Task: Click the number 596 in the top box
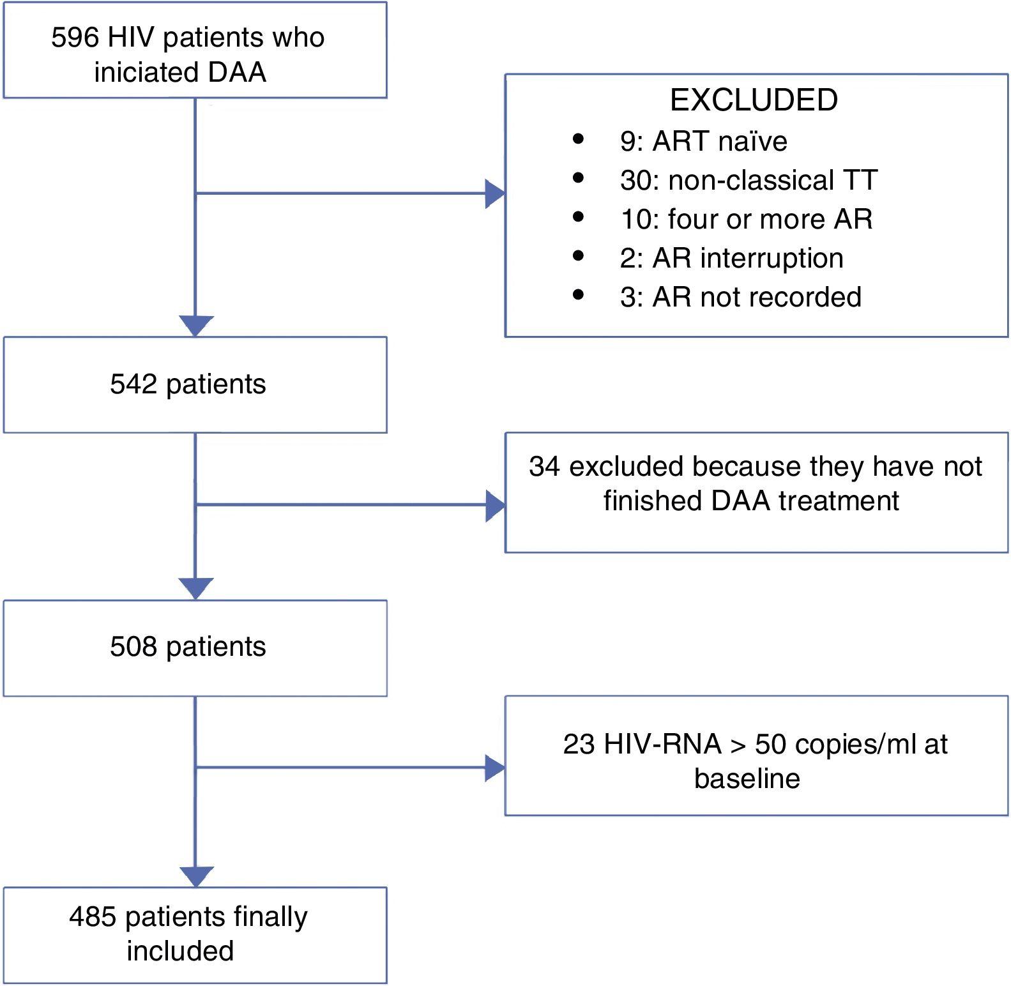point(75,38)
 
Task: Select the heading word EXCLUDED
point(754,100)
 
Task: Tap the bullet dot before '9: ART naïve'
point(579,139)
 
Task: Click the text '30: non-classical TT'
point(749,180)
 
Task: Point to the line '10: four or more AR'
point(746,219)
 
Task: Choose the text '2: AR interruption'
point(731,258)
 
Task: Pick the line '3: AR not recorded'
point(740,297)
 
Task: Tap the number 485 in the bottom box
point(93,917)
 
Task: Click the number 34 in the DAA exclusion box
point(544,467)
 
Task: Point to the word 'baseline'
point(747,778)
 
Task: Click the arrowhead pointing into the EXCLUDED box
point(494,193)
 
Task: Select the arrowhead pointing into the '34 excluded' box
point(494,506)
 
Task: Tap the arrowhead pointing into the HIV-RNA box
point(494,768)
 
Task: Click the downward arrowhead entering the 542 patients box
point(195,326)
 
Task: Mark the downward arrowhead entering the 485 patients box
point(195,876)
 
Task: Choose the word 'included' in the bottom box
point(180,951)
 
